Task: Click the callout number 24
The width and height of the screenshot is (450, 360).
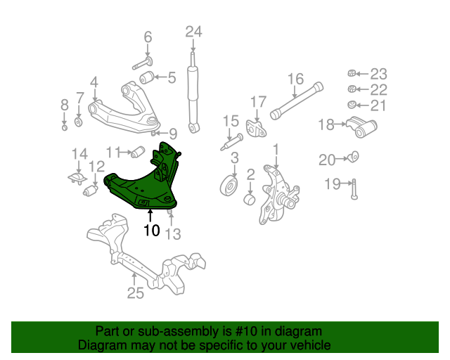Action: [193, 31]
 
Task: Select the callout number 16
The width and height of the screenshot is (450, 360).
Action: [295, 79]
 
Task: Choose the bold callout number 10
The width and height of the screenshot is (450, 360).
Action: [152, 229]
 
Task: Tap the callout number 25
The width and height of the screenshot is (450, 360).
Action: [135, 293]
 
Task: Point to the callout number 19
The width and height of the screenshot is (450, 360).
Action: [333, 184]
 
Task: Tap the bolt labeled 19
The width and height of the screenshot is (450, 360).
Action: [354, 188]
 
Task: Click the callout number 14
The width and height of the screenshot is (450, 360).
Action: [79, 153]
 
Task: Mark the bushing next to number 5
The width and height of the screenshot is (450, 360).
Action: [147, 77]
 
